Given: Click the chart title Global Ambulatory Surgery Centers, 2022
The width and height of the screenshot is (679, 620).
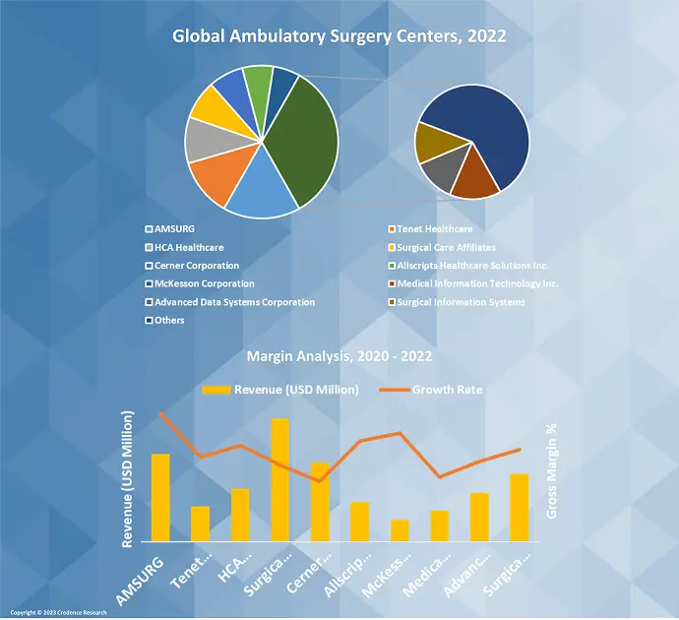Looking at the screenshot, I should coord(339,37).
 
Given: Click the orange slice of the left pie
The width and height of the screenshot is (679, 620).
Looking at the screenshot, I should coord(224,177).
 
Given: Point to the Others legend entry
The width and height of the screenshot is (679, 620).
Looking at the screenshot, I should coord(169,320).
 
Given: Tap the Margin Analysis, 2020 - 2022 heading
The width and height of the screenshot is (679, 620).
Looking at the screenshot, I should coord(339,355).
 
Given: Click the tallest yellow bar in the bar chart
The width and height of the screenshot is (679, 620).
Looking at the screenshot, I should coord(280,479).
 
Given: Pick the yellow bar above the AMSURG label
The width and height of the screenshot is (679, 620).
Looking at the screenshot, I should coord(160,497).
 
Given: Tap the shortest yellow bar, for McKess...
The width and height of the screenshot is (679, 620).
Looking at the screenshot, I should coord(400,530).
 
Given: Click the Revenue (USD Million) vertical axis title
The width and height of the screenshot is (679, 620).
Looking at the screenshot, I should coord(128,480).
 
